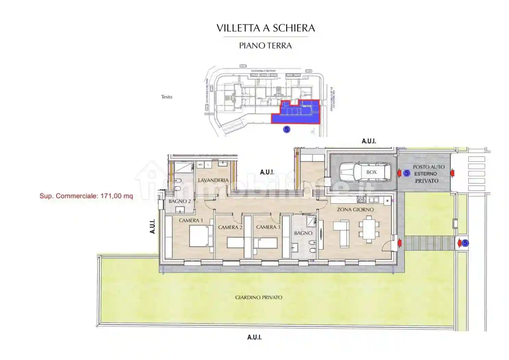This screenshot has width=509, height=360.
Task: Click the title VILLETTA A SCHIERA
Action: click(265, 28)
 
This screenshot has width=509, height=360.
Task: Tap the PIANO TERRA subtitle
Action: click(265, 46)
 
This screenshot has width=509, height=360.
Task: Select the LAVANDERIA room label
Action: click(213, 180)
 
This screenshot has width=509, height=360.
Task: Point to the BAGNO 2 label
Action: click(179, 201)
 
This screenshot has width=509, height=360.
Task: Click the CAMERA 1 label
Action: click(191, 220)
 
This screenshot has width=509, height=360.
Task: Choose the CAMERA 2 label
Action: click(230, 227)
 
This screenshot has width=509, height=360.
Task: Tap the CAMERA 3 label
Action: click(268, 227)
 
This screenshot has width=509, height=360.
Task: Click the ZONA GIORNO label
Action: click(355, 209)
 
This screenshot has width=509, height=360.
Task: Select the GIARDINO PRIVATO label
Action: click(259, 297)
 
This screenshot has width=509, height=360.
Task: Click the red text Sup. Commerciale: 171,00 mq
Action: click(86, 196)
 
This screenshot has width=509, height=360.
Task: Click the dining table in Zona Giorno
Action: click(369, 229)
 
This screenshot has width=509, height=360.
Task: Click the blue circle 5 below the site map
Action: click(287, 129)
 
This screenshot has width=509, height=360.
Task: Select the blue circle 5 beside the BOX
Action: click(407, 173)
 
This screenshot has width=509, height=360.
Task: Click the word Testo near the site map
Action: click(166, 97)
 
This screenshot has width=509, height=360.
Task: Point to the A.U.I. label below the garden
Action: click(255, 337)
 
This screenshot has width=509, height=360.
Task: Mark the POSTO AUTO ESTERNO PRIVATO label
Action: click(427, 174)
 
